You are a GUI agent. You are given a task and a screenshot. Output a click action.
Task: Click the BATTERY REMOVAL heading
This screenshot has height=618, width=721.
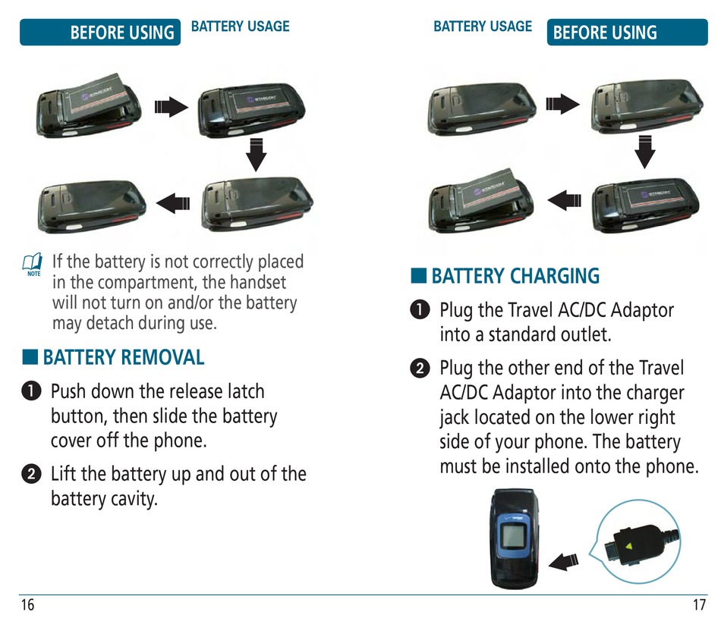123,357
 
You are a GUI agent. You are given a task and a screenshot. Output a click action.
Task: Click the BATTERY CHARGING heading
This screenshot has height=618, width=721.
515,276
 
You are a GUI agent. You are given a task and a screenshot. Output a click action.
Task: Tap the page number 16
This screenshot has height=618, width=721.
28,605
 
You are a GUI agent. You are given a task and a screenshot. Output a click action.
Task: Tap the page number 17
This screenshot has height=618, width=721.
699,605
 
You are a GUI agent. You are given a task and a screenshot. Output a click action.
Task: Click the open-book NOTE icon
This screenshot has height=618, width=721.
33,264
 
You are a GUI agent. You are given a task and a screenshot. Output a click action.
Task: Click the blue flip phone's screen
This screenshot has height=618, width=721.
513,538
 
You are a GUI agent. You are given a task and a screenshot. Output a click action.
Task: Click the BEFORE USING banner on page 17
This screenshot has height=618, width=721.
606,33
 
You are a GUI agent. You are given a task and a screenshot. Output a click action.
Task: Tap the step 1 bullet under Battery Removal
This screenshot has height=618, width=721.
30,392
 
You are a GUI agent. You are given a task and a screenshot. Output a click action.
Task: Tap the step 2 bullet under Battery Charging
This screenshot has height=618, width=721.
418,369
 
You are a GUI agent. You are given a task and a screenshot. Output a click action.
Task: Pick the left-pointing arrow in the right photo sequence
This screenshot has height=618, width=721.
564,199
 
